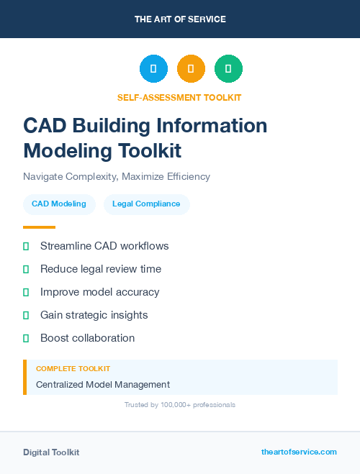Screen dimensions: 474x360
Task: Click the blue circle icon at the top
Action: [153, 68]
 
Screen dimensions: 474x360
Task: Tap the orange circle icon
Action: [191, 68]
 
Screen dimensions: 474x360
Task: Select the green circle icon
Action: [228, 68]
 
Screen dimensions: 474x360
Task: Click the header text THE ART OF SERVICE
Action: [180, 19]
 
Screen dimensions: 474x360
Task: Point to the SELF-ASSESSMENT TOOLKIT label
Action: [179, 97]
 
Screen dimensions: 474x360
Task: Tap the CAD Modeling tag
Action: [59, 204]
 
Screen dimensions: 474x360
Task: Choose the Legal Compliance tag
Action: [146, 204]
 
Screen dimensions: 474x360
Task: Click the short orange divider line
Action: [39, 227]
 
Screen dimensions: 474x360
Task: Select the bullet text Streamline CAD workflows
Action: [104, 246]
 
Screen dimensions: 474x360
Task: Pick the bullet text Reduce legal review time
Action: [101, 269]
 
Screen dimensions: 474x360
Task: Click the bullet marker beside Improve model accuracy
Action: [26, 292]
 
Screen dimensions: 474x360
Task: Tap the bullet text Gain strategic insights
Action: [94, 315]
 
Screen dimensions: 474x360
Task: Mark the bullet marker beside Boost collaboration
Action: [26, 338]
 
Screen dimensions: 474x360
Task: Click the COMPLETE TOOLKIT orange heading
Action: [73, 368]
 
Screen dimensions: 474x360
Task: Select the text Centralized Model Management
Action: [103, 385]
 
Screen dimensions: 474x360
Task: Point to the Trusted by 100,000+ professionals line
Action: [180, 405]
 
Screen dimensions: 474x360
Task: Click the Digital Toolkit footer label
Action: [51, 452]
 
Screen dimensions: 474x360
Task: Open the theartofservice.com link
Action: [299, 452]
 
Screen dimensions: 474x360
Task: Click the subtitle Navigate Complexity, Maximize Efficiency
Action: [117, 176]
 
